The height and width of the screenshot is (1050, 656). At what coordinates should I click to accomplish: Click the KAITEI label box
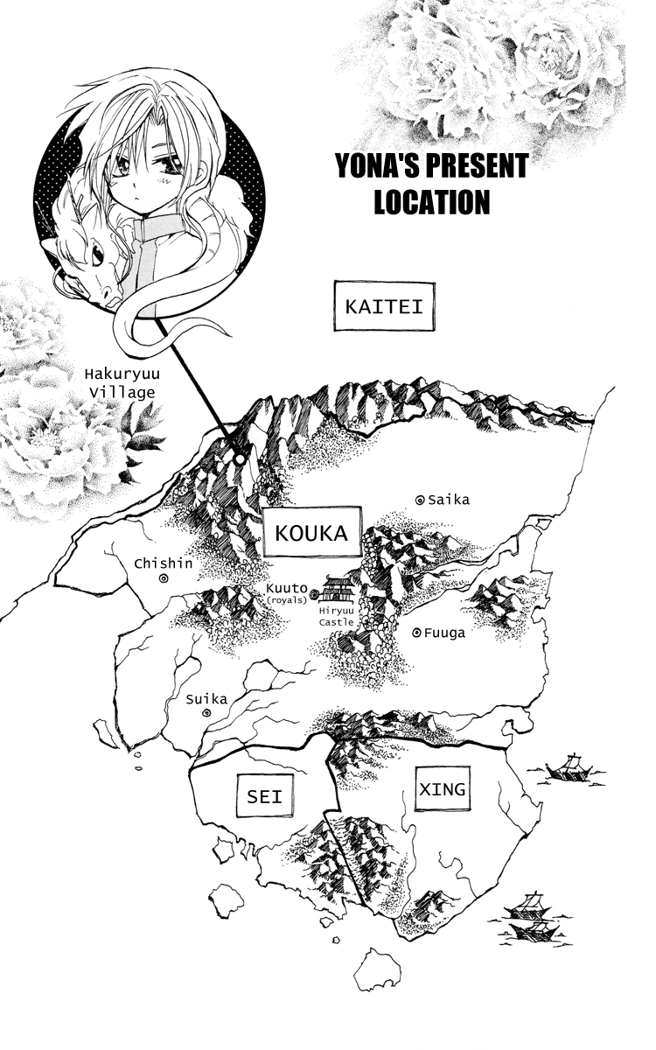coord(384,307)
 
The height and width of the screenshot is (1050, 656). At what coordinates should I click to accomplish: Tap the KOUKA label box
coord(311,532)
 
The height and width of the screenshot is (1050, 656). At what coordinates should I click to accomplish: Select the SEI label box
coord(265,797)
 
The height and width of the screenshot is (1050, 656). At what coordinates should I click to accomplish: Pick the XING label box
coord(442,789)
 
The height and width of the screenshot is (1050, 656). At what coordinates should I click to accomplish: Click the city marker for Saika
coord(420,500)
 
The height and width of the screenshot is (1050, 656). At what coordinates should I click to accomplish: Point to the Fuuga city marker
coord(415,633)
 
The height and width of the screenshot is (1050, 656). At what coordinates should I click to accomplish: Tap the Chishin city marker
coord(164,578)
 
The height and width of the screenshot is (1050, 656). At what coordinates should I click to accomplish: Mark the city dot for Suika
coord(206,714)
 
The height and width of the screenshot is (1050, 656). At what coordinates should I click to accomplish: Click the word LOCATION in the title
coord(431,202)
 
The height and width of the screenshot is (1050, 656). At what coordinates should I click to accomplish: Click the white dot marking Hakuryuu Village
coord(239,458)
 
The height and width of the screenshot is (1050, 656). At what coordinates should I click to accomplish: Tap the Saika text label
coord(449,500)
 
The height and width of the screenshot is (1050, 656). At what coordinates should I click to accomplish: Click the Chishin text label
coord(163,563)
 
